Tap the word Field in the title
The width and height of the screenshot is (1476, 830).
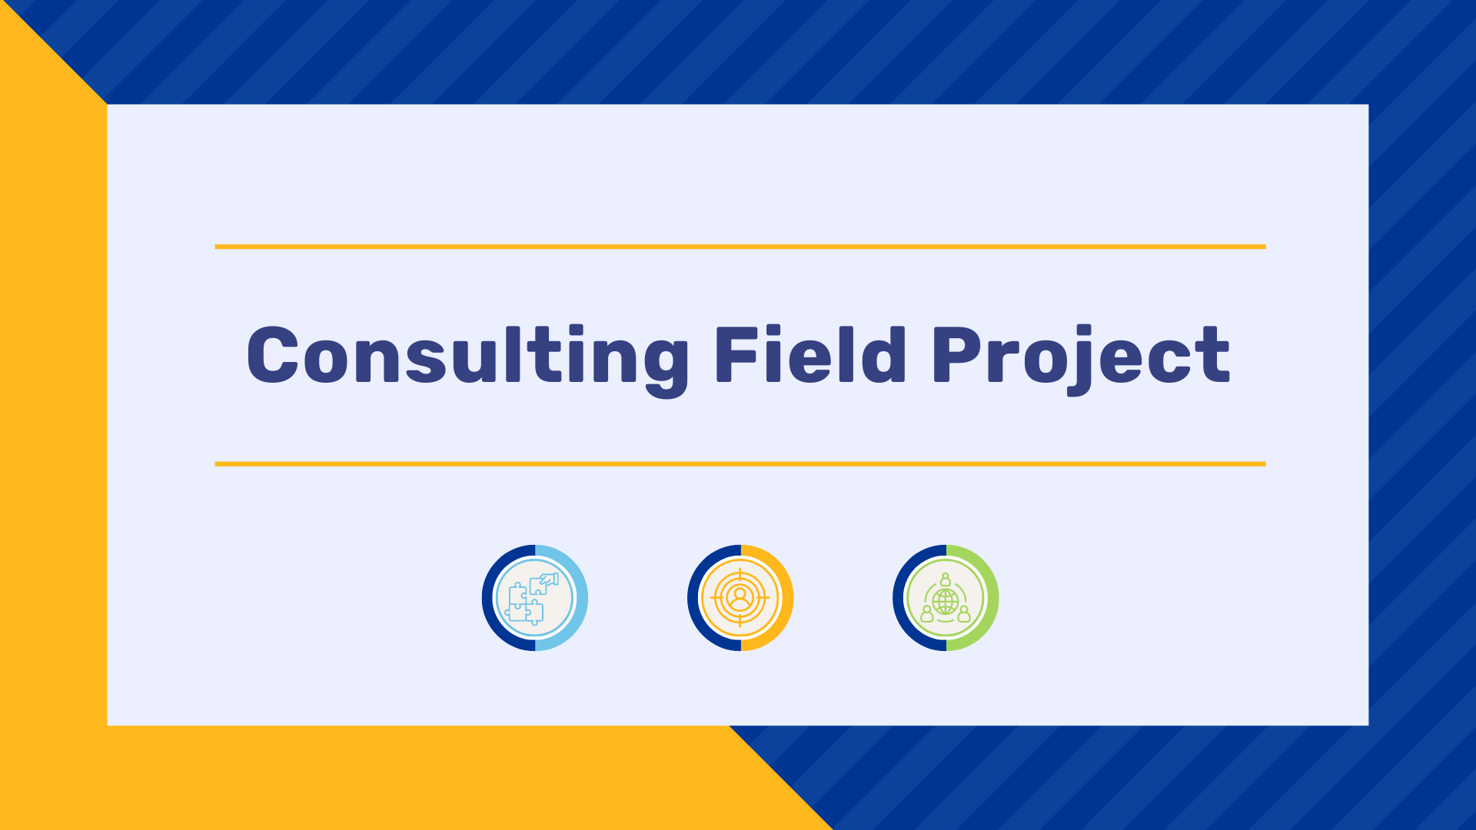[811, 354]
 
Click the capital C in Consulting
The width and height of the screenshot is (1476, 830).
[272, 355]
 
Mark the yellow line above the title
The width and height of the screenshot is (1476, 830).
[740, 247]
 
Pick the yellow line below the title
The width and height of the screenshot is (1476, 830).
[740, 464]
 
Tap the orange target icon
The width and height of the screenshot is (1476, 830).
[740, 598]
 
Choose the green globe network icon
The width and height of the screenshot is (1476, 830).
[946, 598]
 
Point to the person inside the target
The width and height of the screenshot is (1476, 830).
[740, 597]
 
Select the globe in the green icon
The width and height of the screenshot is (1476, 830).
[946, 600]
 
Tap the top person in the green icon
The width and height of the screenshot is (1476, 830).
[946, 579]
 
